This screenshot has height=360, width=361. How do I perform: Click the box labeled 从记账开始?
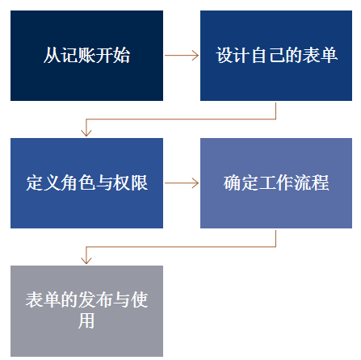pyautogui.click(x=86, y=56)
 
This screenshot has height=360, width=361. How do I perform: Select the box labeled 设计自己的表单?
pyautogui.click(x=276, y=56)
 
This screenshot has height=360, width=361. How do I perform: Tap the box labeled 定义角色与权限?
pyautogui.click(x=86, y=183)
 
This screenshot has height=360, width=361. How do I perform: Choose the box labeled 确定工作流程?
pyautogui.click(x=276, y=183)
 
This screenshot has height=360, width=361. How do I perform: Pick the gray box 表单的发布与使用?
pyautogui.click(x=86, y=311)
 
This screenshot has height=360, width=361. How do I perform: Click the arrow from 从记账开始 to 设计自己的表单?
pyautogui.click(x=182, y=55)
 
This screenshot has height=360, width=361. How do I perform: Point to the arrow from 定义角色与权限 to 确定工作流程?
pyautogui.click(x=182, y=183)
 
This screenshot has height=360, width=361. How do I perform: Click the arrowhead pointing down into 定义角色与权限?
pyautogui.click(x=86, y=132)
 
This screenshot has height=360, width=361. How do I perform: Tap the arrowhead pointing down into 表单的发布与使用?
pyautogui.click(x=86, y=260)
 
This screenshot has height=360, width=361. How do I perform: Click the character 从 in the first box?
pyautogui.click(x=52, y=55)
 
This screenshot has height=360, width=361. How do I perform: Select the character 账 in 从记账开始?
pyautogui.click(x=86, y=55)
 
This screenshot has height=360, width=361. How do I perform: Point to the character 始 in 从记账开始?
pyautogui.click(x=121, y=55)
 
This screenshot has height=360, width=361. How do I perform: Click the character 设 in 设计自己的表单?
pyautogui.click(x=225, y=55)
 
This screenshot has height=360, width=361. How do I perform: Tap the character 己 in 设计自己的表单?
pyautogui.click(x=276, y=55)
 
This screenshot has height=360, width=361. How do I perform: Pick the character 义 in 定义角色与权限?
pyautogui.click(x=52, y=183)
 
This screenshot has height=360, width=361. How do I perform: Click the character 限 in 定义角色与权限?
pyautogui.click(x=139, y=183)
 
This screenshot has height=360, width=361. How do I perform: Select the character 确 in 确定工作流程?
pyautogui.click(x=233, y=183)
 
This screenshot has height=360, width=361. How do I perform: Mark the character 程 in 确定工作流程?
pyautogui.click(x=320, y=183)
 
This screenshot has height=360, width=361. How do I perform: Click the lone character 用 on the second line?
pyautogui.click(x=86, y=320)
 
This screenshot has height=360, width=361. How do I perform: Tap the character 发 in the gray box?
pyautogui.click(x=86, y=299)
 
